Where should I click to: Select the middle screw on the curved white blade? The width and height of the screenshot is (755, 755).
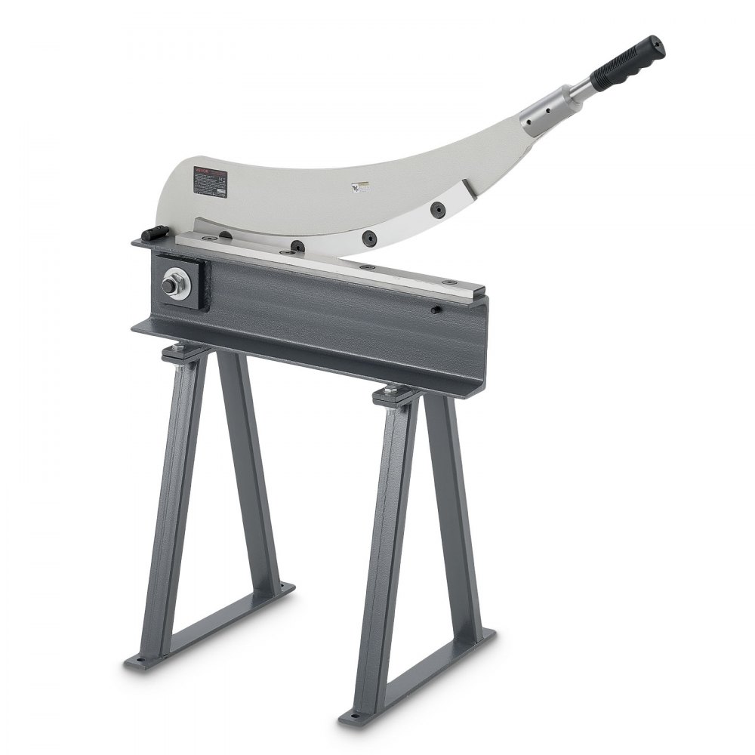tap(367, 236)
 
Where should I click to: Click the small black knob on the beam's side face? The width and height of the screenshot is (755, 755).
tap(437, 310)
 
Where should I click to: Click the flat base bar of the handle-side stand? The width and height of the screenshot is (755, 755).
tap(423, 679)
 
